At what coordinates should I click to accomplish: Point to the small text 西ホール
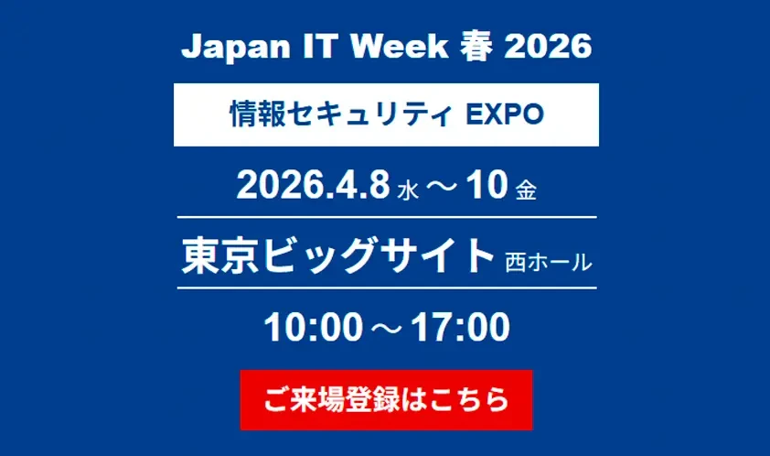(x=548, y=263)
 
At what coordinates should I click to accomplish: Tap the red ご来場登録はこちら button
(x=385, y=400)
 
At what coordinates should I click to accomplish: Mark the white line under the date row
(x=385, y=217)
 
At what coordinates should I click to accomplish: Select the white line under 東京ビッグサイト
(x=385, y=288)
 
